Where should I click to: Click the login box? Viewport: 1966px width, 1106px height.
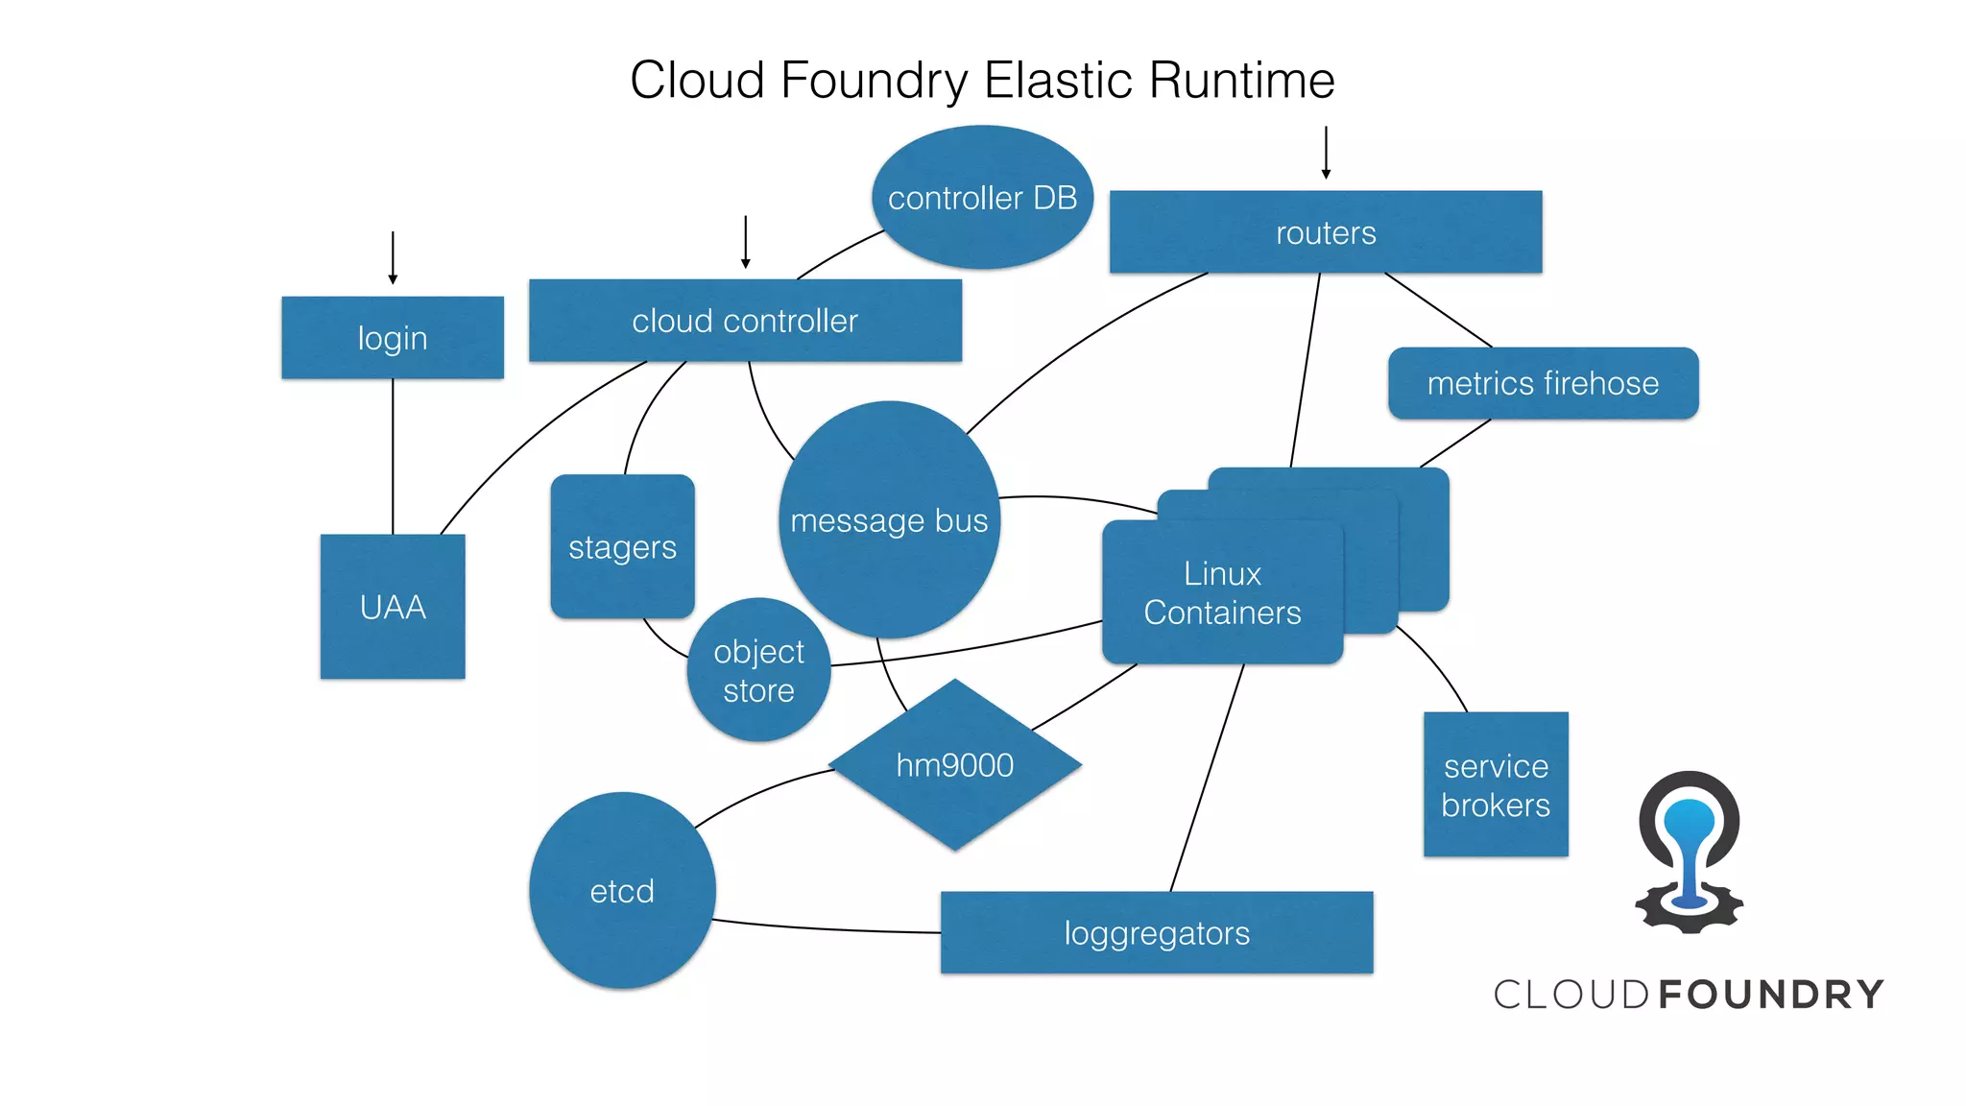coord(392,337)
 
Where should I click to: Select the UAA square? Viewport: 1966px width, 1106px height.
coord(392,606)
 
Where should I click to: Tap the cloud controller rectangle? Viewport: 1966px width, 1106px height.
coord(745,321)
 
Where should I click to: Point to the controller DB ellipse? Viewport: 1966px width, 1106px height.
coord(982,198)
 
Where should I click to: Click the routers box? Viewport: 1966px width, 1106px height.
coord(1325,232)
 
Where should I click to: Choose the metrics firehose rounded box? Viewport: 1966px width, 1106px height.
coord(1543,383)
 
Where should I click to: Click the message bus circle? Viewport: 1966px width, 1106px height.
coord(889,519)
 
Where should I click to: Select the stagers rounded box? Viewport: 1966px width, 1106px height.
coord(622,546)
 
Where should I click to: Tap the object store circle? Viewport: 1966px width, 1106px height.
coord(758,670)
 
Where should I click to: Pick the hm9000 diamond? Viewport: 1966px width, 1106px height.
coord(954,765)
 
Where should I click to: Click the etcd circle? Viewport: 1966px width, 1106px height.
coord(622,891)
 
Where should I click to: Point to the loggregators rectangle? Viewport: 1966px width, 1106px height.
coord(1156,932)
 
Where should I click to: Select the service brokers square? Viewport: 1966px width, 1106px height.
coord(1495,784)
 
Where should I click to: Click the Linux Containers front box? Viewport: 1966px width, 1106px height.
coord(1221,592)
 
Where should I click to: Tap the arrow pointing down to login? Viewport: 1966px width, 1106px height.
coord(393,257)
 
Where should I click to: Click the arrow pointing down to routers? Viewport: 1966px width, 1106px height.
coord(1326,152)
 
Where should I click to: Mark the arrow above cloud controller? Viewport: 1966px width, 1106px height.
coord(745,242)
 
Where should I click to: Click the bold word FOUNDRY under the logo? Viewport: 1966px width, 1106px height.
coord(1771,995)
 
